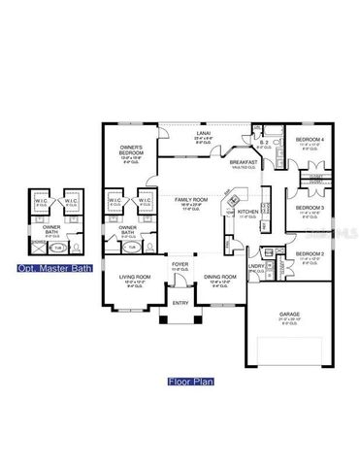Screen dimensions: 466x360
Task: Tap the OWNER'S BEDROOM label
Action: click(x=132, y=150)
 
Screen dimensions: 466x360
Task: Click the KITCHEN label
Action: click(x=247, y=212)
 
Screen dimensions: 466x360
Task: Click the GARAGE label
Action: click(x=289, y=313)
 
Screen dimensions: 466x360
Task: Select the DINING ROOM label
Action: click(x=220, y=279)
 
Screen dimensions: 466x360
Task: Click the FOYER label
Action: click(x=180, y=263)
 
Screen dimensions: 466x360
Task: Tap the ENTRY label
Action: click(x=180, y=304)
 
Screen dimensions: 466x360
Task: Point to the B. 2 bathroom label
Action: click(x=264, y=145)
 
